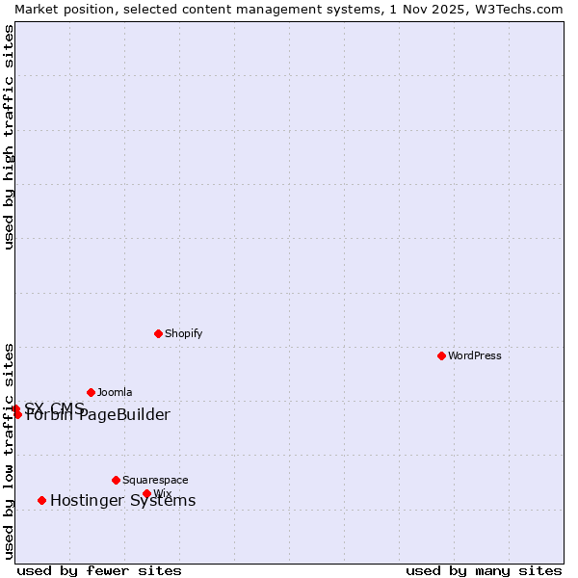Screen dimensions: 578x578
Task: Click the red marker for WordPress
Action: point(441,355)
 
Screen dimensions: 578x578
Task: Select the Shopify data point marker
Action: point(158,333)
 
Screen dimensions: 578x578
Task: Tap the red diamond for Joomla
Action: point(91,392)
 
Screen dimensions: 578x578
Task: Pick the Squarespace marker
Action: point(116,480)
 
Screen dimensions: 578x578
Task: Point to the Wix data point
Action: point(146,493)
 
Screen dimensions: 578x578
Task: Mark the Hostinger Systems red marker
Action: point(41,500)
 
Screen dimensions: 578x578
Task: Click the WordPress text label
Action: point(475,355)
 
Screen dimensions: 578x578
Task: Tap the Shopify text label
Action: point(183,333)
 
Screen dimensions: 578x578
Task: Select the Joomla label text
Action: point(115,392)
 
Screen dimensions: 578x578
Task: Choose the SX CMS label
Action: point(55,407)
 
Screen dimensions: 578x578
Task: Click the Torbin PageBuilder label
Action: point(97,415)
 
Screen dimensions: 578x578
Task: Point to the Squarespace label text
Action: point(155,480)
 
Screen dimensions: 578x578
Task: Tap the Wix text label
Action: point(162,493)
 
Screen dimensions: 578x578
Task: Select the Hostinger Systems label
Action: point(122,500)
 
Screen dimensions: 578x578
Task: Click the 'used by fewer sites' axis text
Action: point(99,570)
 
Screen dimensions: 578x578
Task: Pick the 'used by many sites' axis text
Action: point(484,570)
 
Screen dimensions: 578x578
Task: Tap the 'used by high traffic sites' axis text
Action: point(9,137)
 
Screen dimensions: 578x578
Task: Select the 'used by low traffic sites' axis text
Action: point(9,450)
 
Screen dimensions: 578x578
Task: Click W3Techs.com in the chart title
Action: point(518,9)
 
